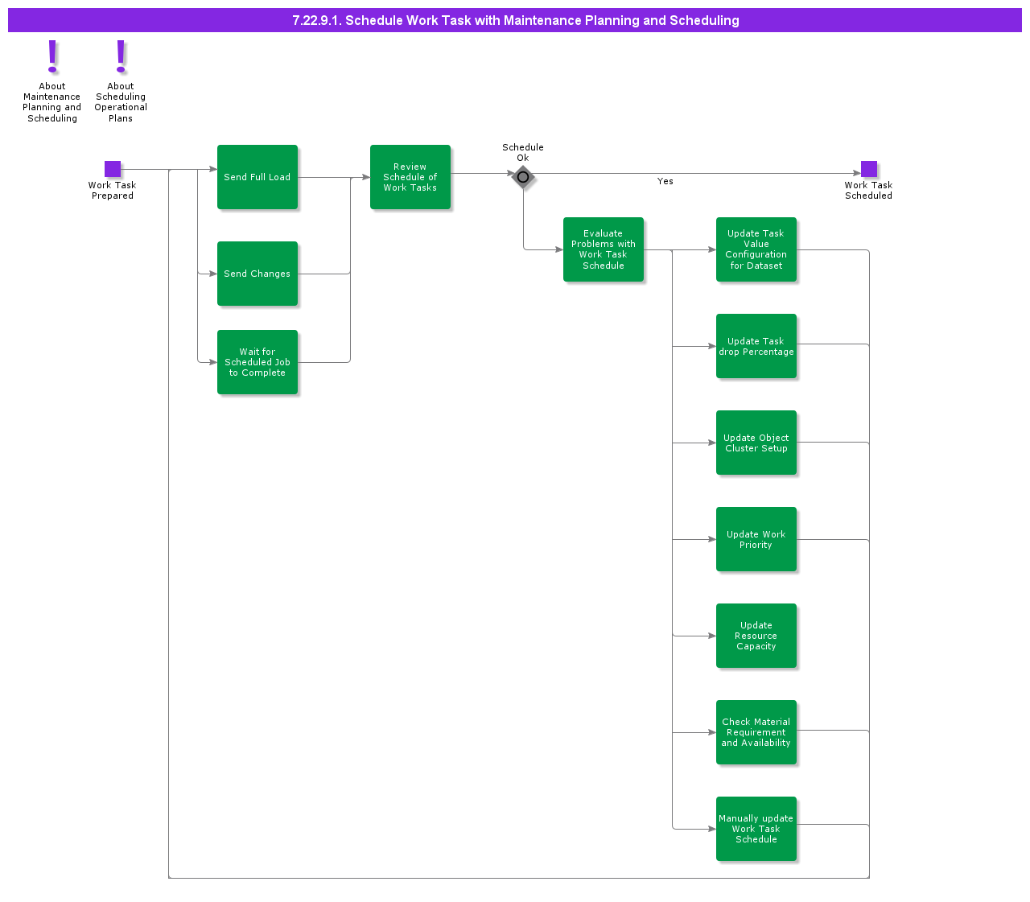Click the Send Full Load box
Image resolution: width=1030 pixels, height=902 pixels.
(x=257, y=177)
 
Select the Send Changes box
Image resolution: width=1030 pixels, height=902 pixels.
(x=257, y=274)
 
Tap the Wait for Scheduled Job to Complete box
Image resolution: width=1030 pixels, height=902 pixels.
(x=257, y=362)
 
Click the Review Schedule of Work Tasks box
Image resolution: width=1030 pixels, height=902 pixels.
(x=410, y=177)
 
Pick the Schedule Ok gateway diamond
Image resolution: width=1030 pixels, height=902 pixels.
(x=523, y=177)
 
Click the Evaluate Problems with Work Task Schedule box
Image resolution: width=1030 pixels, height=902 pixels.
(x=604, y=249)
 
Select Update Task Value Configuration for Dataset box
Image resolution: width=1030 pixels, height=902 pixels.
(x=756, y=249)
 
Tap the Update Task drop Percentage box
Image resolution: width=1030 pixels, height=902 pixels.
(x=756, y=346)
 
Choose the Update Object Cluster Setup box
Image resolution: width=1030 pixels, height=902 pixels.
(x=756, y=443)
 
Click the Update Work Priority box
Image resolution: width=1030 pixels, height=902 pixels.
(x=756, y=539)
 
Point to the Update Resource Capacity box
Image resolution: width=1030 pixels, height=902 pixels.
(x=756, y=636)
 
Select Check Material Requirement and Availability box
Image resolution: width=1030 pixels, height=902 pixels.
(x=756, y=732)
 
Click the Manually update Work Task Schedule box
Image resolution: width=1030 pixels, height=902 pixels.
(x=756, y=829)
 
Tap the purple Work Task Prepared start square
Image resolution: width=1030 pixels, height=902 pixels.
(x=113, y=169)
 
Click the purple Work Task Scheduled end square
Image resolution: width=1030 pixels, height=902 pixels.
(x=869, y=169)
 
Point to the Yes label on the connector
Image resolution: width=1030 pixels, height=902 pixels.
(x=665, y=182)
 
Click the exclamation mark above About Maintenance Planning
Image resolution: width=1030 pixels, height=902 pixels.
(x=52, y=56)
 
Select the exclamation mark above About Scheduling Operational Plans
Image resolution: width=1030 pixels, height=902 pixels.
(x=121, y=56)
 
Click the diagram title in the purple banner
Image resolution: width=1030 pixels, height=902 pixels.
(x=515, y=20)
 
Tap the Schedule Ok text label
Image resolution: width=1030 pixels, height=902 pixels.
(x=523, y=152)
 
